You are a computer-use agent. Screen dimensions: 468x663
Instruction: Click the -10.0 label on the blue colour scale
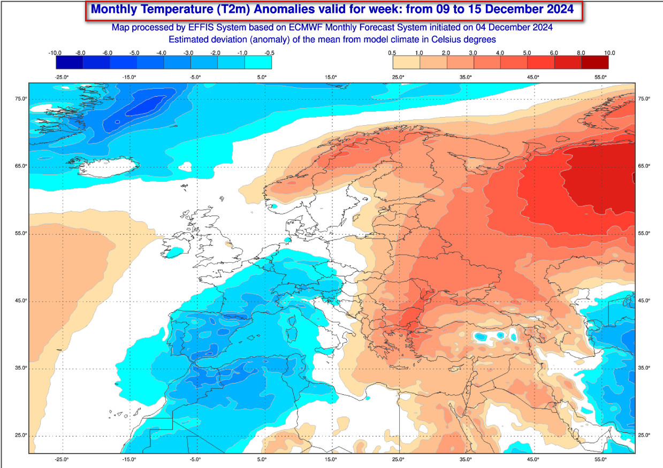pyautogui.click(x=55, y=53)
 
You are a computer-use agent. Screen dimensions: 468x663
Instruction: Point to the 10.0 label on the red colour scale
pyautogui.click(x=609, y=53)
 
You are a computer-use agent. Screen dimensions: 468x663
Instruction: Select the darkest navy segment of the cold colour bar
pyautogui.click(x=70, y=63)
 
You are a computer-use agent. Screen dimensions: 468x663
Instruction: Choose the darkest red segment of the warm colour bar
pyautogui.click(x=595, y=63)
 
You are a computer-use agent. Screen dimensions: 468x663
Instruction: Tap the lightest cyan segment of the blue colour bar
pyautogui.click(x=258, y=63)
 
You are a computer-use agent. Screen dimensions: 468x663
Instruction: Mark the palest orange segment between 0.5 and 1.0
pyautogui.click(x=406, y=63)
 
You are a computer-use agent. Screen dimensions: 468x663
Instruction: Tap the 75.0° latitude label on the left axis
pyautogui.click(x=21, y=99)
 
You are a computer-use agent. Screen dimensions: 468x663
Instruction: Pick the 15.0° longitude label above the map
pyautogui.click(x=331, y=77)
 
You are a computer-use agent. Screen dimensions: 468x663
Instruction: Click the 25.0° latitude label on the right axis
pyautogui.click(x=644, y=435)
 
